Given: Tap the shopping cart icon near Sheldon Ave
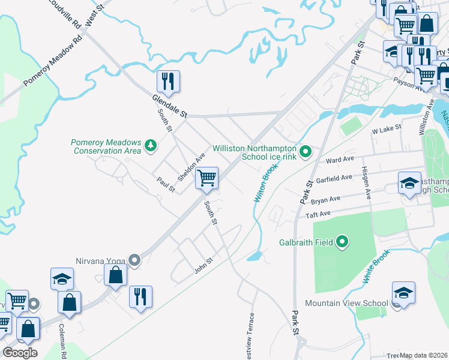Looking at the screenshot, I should (206, 178).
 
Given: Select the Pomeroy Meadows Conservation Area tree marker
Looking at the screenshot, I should (150, 144).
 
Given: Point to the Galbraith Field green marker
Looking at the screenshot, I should (343, 242).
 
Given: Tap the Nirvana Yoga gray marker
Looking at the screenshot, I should (135, 260).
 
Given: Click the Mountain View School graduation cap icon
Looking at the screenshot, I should (403, 293).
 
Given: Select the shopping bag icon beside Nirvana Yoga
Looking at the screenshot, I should (116, 275).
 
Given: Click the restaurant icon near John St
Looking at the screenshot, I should (140, 296).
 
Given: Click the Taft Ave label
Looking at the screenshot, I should (318, 214).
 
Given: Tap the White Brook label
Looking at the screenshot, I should (376, 266).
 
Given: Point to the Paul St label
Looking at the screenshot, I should (165, 185).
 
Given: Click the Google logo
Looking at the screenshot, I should (20, 352).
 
